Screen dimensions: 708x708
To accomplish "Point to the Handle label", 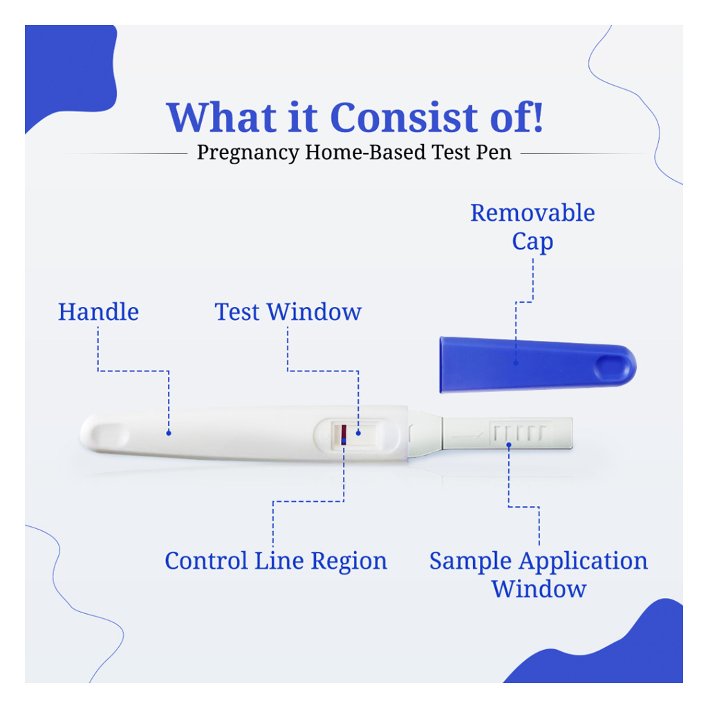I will click(x=98, y=312).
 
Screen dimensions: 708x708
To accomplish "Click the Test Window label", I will click(x=288, y=312).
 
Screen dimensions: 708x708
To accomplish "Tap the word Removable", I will click(x=532, y=213).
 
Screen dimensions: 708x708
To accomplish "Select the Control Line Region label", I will click(x=275, y=561).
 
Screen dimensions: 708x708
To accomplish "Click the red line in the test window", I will click(x=344, y=434).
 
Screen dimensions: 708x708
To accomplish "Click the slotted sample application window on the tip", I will click(x=519, y=433).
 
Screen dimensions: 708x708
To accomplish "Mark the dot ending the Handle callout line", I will click(x=169, y=433).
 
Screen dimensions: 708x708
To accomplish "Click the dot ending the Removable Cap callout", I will click(x=515, y=360).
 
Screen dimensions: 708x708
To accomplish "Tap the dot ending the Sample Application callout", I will click(x=509, y=445).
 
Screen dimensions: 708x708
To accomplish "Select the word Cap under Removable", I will click(x=532, y=242).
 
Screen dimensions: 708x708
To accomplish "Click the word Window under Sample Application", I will click(x=539, y=589).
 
